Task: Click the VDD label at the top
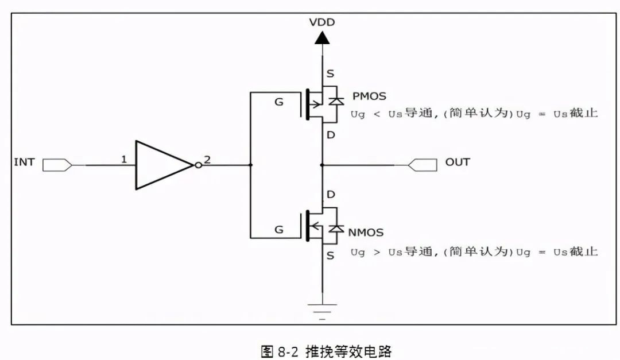(321, 23)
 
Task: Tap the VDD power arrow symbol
(322, 38)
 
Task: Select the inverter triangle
(161, 165)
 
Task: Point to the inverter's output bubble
(198, 165)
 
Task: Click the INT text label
(24, 162)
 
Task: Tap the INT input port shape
(57, 165)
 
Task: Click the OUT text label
(458, 162)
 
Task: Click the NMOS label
(366, 233)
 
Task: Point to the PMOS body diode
(336, 101)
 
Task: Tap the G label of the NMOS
(278, 230)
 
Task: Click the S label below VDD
(330, 74)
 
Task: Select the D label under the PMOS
(330, 135)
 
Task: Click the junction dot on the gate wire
(251, 165)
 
